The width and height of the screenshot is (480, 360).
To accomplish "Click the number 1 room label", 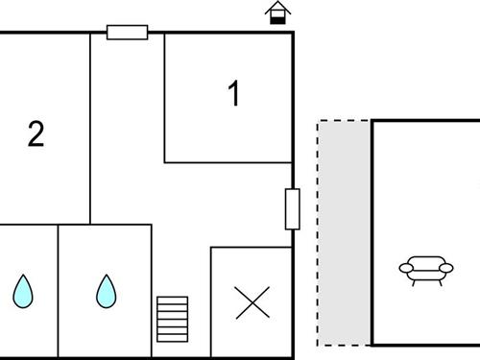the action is coord(232,94).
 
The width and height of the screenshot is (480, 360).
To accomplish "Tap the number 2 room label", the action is coord(36,134).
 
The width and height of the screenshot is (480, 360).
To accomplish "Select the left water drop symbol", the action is coord(22,291).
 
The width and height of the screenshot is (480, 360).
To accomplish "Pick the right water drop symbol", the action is coord(105,291).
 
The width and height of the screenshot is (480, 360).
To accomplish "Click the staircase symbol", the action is coord(173,319).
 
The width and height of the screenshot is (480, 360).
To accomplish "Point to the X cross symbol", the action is coord(252,303).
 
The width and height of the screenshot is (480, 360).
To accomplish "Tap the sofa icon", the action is coord(425,270).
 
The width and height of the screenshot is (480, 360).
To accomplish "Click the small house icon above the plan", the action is coord(278,13).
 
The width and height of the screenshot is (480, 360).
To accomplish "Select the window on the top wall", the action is coord(127,33).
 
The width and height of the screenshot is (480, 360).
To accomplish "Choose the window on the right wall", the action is coord(293,209).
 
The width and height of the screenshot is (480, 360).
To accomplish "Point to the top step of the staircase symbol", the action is coord(173,300).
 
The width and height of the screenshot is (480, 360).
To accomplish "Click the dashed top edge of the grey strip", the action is coord(344,121).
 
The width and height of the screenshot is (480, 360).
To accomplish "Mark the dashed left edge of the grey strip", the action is coord(318,230).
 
